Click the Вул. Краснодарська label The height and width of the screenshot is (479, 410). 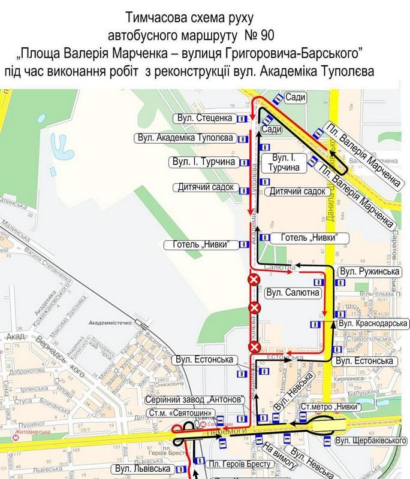tap(373, 324)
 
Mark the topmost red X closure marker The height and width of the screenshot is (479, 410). tap(254, 280)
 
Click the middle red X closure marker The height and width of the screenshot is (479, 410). tap(255, 308)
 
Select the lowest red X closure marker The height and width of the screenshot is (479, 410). tap(254, 347)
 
